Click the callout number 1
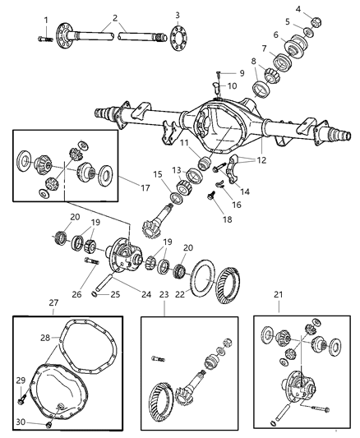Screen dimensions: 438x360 [x=46, y=19]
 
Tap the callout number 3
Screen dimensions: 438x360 [x=177, y=16]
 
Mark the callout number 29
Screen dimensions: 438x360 [x=22, y=379]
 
